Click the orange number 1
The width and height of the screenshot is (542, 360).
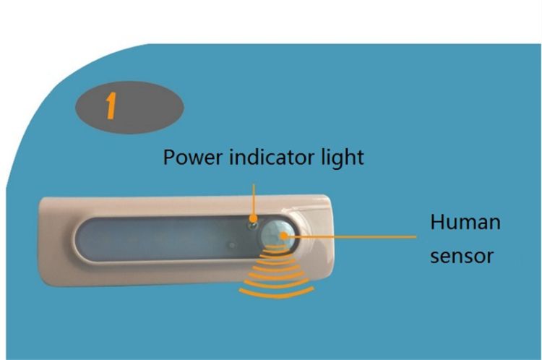coord(110,106)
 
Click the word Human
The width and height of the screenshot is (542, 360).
coord(465,222)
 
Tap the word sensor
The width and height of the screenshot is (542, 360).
coord(463,255)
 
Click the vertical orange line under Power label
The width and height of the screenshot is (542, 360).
coord(254,199)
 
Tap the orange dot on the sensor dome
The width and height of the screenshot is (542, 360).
coord(288,235)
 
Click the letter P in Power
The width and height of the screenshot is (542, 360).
coord(169,157)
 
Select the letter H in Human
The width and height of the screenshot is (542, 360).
coord(436,222)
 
